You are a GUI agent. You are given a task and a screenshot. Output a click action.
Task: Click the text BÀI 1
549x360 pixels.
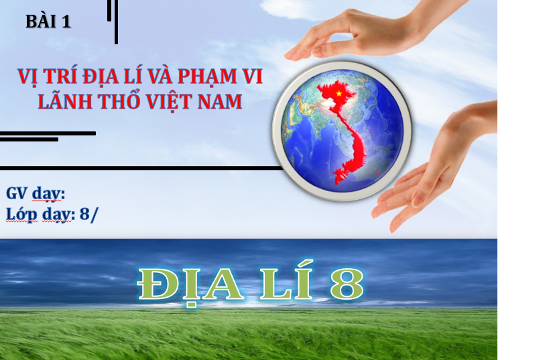coord(48,21)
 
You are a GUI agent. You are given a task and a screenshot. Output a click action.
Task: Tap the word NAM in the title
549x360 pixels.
coord(219,101)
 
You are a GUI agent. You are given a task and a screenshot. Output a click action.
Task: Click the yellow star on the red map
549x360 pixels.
coord(339,93)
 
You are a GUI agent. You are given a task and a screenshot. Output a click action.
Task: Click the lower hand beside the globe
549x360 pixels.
coord(434,168)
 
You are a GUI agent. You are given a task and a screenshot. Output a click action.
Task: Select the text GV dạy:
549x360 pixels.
coord(36,194)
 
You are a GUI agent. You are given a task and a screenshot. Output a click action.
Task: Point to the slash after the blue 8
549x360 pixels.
coord(94,215)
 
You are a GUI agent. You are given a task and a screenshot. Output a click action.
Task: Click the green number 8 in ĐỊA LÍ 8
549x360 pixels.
coord(347,284)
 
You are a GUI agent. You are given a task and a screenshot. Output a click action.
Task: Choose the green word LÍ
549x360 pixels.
coord(286,280)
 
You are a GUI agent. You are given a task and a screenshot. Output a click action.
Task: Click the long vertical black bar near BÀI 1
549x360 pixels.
coord(116,21)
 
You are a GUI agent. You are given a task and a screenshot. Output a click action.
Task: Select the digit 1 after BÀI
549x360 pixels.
coord(66,21)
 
